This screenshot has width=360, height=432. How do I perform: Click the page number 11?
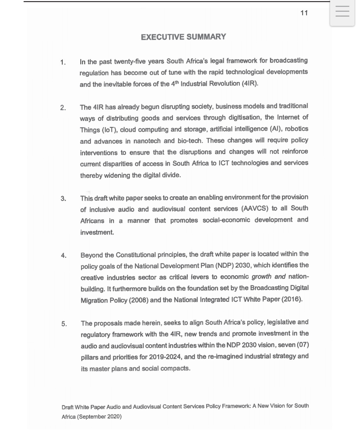click(304, 13)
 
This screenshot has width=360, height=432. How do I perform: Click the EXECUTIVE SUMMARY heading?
click(183, 37)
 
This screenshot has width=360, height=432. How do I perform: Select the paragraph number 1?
click(63, 62)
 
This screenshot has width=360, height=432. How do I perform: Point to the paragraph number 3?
click(63, 198)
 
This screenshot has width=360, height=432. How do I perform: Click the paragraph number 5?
click(64, 324)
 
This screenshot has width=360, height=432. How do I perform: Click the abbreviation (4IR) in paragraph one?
click(250, 83)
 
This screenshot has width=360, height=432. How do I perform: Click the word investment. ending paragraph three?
click(97, 232)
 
